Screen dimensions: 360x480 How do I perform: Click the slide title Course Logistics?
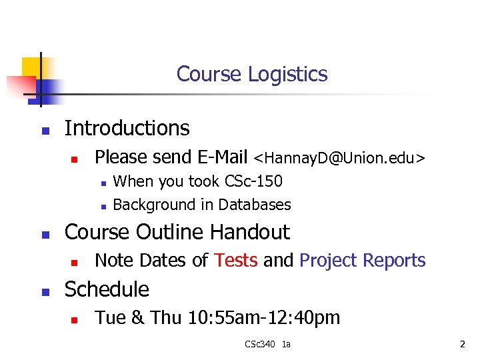tap(252, 74)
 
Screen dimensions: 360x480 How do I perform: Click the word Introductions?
tap(127, 128)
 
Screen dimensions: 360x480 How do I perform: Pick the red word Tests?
tap(236, 261)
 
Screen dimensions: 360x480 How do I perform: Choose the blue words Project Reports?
tap(362, 261)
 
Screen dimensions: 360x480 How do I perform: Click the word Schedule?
tap(106, 289)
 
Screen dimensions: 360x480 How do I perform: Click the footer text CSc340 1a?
tap(268, 344)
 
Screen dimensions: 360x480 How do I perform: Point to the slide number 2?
tap(461, 344)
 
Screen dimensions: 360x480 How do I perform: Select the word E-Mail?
tap(223, 157)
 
